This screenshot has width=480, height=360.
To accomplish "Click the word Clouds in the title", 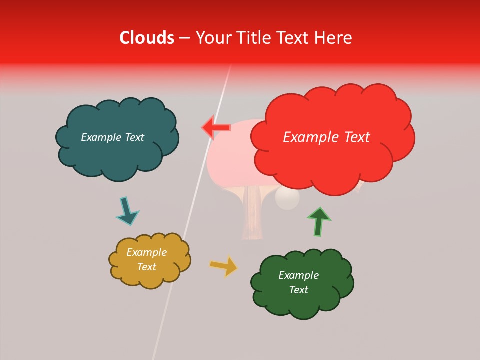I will (x=147, y=38).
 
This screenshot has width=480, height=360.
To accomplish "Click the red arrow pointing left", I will (x=216, y=128).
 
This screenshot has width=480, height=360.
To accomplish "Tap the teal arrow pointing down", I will (x=127, y=210).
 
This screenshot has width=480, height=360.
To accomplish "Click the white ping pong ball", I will (x=287, y=199).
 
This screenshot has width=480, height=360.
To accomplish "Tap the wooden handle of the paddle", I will (x=253, y=215).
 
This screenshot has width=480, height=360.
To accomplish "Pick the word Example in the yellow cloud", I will (x=147, y=252).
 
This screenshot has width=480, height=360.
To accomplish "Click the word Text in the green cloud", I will (x=299, y=290).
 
